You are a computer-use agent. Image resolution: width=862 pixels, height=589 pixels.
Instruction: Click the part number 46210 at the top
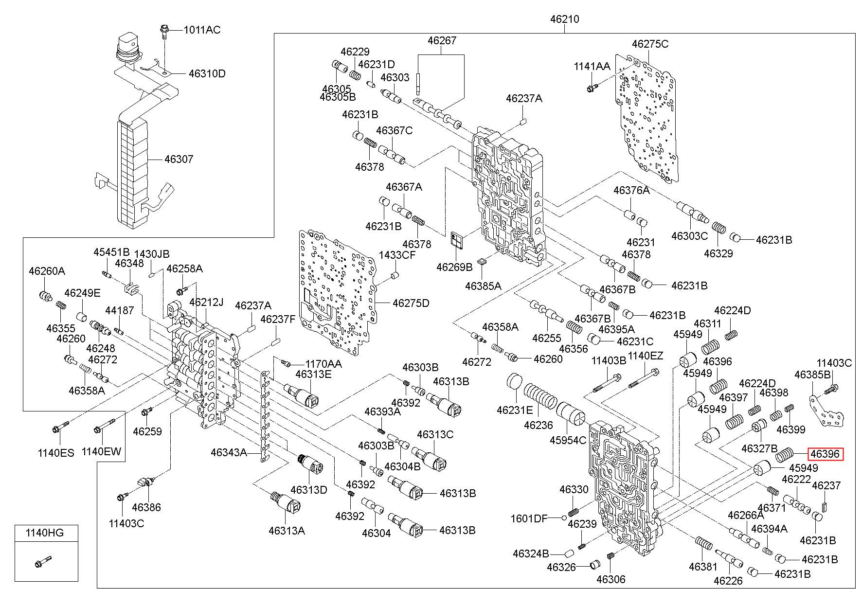click(x=564, y=19)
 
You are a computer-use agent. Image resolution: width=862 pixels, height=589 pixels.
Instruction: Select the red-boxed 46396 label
click(x=825, y=454)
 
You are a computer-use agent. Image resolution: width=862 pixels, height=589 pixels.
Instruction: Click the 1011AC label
click(x=201, y=30)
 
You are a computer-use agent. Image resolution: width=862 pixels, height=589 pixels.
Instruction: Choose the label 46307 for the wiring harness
click(x=179, y=159)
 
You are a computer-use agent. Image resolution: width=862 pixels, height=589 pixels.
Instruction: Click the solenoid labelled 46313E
click(x=303, y=393)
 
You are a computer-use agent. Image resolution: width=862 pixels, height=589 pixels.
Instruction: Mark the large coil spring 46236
click(x=540, y=396)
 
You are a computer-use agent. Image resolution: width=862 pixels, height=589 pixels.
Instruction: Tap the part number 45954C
click(x=568, y=440)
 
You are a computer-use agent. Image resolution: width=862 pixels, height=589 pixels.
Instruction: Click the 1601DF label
click(x=529, y=518)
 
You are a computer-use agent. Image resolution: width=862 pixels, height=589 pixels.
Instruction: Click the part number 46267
click(x=442, y=41)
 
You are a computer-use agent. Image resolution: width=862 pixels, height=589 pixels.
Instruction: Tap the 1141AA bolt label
click(x=592, y=67)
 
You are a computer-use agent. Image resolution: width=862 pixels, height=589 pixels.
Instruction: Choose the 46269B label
click(x=454, y=267)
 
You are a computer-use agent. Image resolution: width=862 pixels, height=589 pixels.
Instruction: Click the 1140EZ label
click(x=646, y=356)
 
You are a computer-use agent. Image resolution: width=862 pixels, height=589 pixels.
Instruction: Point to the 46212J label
click(x=206, y=302)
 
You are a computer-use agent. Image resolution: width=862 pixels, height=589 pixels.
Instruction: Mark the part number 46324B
click(x=531, y=553)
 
